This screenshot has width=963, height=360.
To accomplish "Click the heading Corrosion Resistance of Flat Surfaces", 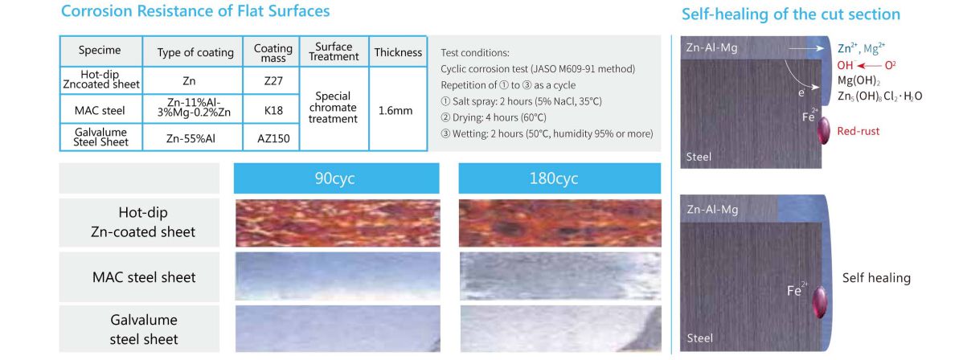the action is pos(195,11).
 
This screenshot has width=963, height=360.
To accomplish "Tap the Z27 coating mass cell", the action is pos(273,80).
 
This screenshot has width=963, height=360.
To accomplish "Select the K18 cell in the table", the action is pos(273,110).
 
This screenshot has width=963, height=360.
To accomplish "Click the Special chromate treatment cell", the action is pos(334,108).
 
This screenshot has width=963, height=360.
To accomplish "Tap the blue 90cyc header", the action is pos(337,178).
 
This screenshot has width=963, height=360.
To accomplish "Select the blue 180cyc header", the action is pos(559,178).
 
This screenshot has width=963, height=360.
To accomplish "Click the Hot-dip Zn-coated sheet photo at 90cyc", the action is pos(337,223).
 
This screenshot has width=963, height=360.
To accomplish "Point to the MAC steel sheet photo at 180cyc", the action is pos(559,276).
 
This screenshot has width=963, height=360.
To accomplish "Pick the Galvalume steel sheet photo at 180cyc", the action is pos(559,329).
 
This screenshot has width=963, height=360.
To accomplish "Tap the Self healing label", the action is pos(876,278).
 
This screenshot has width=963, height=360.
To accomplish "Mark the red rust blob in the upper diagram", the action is pos(823,131).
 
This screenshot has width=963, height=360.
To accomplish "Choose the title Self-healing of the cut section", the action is pos(791,14).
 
